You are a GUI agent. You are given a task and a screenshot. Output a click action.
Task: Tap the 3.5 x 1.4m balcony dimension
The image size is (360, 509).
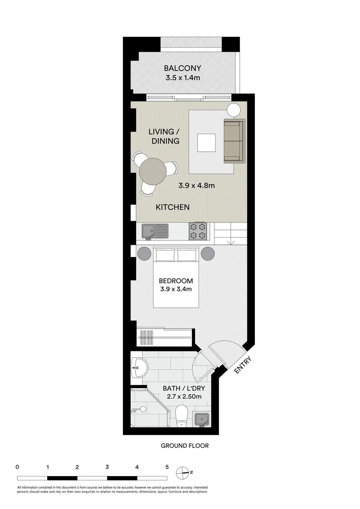(x=182, y=78)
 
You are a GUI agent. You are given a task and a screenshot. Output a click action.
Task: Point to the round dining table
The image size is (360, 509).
(x=153, y=171)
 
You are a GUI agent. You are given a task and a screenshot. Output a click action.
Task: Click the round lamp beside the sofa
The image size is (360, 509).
(x=234, y=110)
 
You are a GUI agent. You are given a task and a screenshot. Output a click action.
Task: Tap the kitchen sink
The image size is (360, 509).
(x=155, y=231)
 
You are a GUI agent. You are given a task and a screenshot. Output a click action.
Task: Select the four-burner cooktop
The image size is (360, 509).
(x=198, y=231)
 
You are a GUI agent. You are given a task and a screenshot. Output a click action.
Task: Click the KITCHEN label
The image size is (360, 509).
(x=172, y=207)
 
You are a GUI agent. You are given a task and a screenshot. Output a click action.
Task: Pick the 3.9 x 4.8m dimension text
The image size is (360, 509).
(x=196, y=185)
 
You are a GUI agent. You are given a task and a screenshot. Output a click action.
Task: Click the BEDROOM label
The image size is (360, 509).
(x=176, y=281)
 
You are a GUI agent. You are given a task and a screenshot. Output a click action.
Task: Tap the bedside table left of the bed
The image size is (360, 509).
(x=143, y=254)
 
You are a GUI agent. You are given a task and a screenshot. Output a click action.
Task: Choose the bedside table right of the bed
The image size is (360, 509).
(x=208, y=254)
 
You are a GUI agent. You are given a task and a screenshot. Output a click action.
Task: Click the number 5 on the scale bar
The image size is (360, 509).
(x=167, y=467)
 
